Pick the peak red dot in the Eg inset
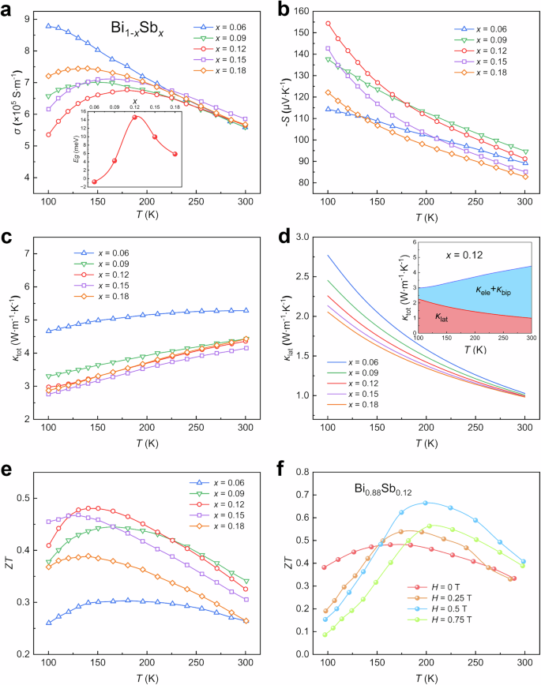tap(134, 117)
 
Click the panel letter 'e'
tap(9, 471)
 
